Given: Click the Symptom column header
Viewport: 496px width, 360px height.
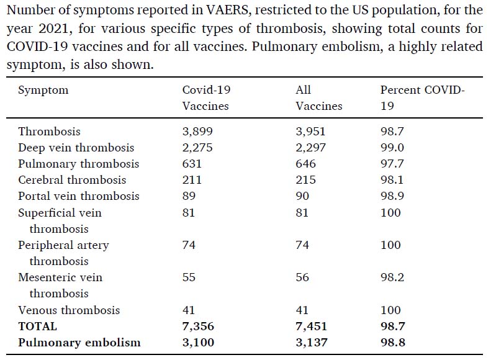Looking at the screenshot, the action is [x=43, y=90].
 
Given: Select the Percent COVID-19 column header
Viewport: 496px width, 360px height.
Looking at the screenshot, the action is [x=422, y=97].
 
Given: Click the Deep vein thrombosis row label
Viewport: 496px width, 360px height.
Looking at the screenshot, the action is [x=76, y=148].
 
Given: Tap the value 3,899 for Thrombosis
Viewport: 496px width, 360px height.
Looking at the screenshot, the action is [x=197, y=132].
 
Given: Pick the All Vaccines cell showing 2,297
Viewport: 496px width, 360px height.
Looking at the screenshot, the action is [x=310, y=148].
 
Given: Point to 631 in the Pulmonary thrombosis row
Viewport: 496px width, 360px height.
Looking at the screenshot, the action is [x=192, y=164].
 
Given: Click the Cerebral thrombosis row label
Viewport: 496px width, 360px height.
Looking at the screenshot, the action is [x=72, y=180].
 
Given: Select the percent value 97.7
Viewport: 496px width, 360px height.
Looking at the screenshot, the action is [x=392, y=164].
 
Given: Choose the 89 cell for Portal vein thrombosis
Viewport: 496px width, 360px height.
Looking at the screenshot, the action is [x=189, y=196].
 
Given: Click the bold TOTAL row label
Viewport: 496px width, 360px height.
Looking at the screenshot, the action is [x=37, y=326].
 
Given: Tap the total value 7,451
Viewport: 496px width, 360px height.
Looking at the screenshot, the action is [x=311, y=326].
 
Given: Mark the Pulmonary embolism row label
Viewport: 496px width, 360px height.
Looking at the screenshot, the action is [x=79, y=343].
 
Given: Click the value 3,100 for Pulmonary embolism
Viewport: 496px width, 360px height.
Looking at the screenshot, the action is [x=198, y=343].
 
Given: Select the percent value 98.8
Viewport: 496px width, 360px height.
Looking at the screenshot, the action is [x=392, y=343].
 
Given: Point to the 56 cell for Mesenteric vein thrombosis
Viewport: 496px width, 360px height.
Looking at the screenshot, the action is [x=302, y=277].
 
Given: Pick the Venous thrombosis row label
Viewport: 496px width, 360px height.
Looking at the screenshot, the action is [x=69, y=310].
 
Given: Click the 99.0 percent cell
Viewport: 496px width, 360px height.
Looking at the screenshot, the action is [x=392, y=148].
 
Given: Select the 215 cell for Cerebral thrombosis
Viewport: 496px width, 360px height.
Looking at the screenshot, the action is [x=305, y=180].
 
